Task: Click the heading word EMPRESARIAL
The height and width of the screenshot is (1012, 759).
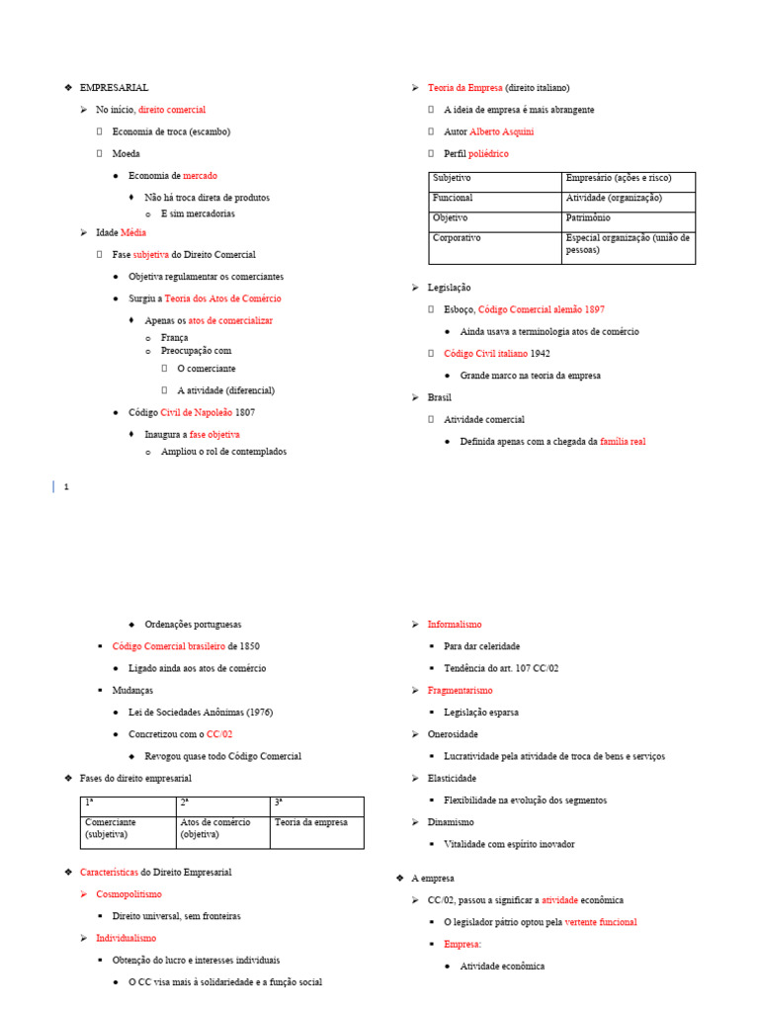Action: tap(114, 88)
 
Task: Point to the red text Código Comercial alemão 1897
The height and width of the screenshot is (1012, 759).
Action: tap(541, 309)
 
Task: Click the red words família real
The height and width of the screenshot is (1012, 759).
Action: tap(623, 441)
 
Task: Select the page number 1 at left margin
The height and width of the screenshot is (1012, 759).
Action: tap(66, 486)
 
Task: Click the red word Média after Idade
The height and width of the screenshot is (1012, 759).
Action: tap(133, 232)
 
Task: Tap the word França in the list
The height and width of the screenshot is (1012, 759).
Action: tap(174, 337)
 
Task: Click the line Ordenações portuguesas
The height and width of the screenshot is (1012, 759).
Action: tap(193, 625)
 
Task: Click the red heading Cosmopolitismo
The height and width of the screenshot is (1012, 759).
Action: tap(128, 894)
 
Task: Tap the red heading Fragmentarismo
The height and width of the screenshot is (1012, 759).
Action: tap(460, 691)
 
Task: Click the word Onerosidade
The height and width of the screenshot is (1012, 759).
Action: tap(453, 734)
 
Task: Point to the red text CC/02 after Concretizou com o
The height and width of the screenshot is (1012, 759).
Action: tap(219, 734)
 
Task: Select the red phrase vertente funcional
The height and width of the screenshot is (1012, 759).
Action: tap(601, 922)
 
